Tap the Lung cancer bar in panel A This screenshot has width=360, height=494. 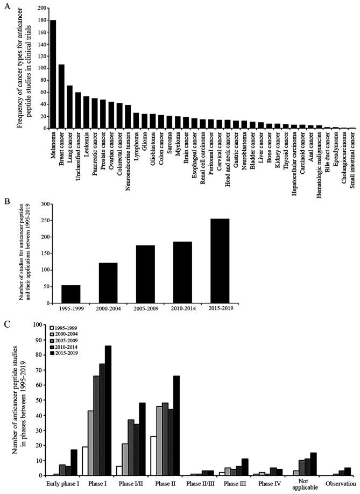[x=69, y=107]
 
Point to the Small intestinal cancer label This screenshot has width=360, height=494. [x=352, y=156]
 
